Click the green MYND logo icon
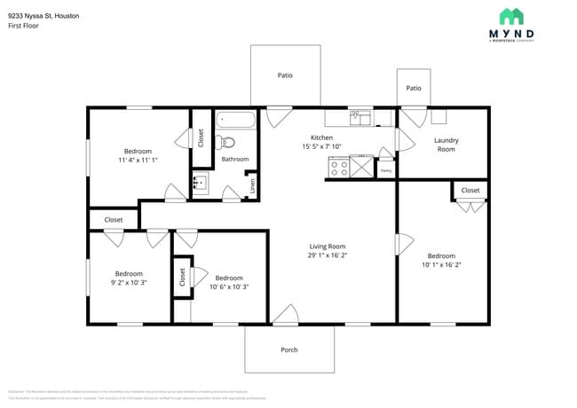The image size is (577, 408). (x=511, y=16)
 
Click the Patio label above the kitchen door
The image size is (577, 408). (x=285, y=75)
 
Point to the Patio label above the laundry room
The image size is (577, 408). (x=414, y=88)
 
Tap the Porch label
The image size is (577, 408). (x=289, y=349)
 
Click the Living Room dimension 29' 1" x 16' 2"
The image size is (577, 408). (x=328, y=255)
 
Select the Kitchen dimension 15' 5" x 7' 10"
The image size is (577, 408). (x=321, y=146)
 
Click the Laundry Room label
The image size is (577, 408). (x=446, y=145)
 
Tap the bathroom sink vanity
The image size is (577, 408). (x=200, y=184)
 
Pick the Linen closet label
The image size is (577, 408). (x=252, y=185)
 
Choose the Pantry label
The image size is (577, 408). (x=386, y=170)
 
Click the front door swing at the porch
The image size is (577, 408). (x=285, y=314)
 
